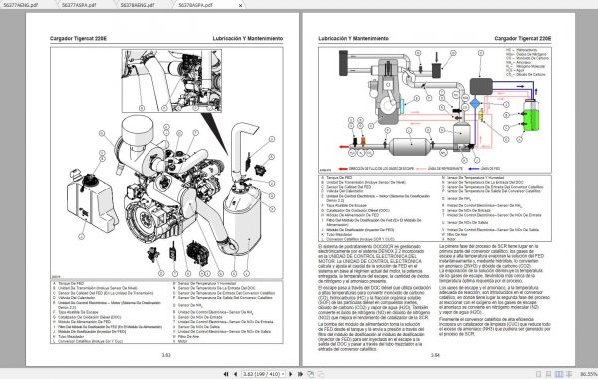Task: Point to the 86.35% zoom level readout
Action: [582, 371]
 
